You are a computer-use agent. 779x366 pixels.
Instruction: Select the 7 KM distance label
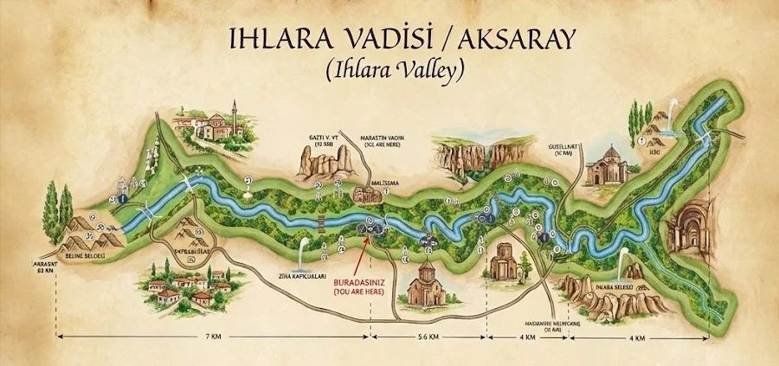click(210, 335)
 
